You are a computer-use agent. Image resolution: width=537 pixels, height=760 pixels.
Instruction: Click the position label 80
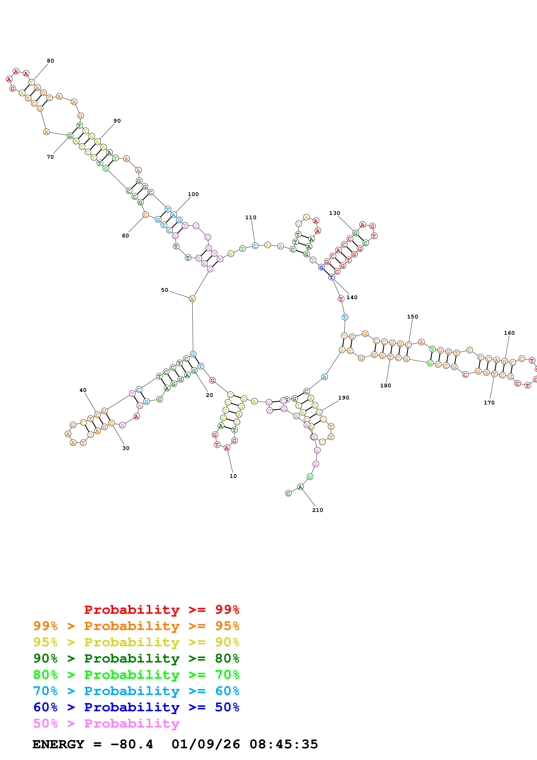(50, 61)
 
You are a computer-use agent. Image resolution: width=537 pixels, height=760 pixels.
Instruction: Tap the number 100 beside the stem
(193, 194)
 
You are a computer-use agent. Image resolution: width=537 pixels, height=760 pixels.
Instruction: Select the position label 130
(334, 213)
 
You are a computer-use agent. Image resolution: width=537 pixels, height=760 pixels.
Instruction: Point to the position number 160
(509, 333)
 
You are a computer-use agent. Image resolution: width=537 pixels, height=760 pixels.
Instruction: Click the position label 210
(318, 510)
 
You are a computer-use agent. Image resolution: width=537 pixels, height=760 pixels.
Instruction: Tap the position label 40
(83, 390)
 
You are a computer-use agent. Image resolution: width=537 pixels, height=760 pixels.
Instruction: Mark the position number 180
(385, 386)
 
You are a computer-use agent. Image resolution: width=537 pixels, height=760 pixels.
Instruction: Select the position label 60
(125, 236)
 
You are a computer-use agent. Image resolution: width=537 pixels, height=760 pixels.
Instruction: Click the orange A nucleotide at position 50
(192, 299)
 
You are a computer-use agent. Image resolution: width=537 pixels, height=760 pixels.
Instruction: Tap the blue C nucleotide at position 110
(255, 246)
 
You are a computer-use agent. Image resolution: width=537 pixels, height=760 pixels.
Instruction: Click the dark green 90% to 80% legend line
(136, 658)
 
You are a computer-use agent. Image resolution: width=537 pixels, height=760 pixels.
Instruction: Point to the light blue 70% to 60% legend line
(136, 691)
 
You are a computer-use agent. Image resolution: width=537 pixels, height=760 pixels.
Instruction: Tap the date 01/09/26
(206, 744)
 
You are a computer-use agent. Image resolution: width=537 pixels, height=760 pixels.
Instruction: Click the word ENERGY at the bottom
(58, 744)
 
